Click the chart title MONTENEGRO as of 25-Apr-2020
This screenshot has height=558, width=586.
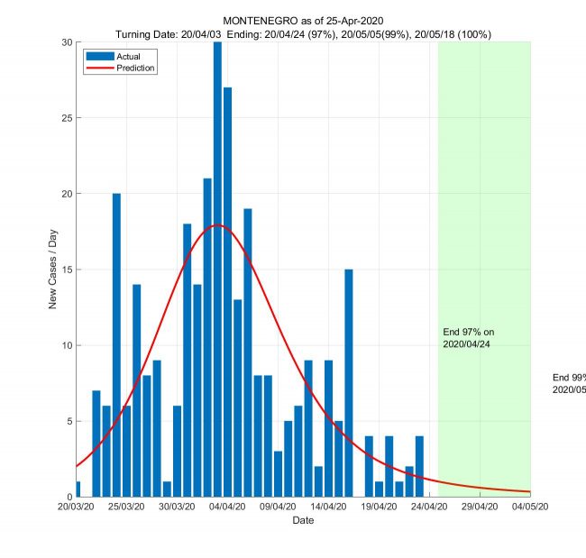(304, 21)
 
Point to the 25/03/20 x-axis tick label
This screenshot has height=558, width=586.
(126, 508)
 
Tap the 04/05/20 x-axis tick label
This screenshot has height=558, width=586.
(530, 508)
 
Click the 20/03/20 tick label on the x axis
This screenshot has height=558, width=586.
(76, 508)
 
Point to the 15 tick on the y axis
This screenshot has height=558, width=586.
(65, 270)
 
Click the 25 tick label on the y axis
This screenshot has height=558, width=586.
(65, 117)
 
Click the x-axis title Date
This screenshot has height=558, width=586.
(303, 521)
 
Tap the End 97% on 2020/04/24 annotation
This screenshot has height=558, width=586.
(469, 338)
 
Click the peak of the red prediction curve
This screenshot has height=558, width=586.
(218, 225)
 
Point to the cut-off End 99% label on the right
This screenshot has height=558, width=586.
(569, 383)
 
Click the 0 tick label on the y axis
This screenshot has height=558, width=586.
(69, 497)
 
